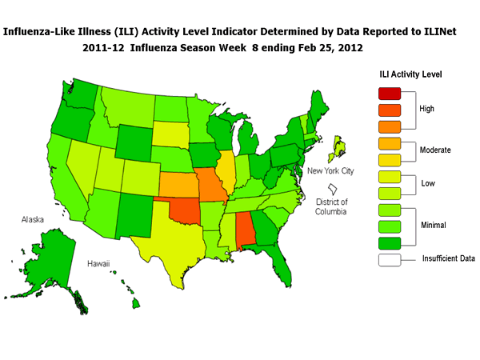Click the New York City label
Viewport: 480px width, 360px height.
[329, 171]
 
